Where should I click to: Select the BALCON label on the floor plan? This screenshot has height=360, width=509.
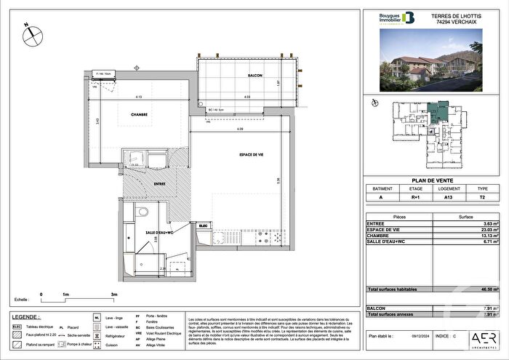(x=254, y=76)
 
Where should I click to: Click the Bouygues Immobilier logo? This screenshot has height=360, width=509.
(x=388, y=19)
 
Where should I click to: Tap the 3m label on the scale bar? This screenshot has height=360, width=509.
(x=114, y=295)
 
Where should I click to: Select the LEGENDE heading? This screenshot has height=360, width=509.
(x=26, y=316)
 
